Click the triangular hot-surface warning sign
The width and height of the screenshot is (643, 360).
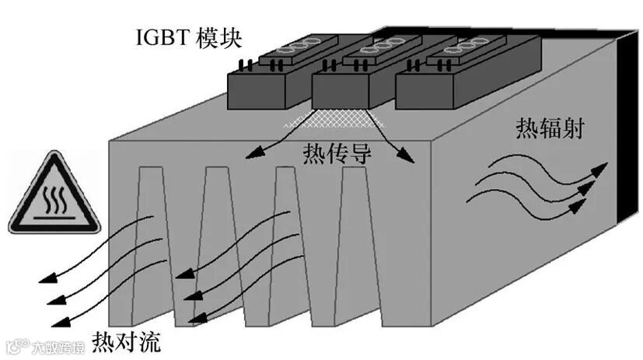[54, 196]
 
